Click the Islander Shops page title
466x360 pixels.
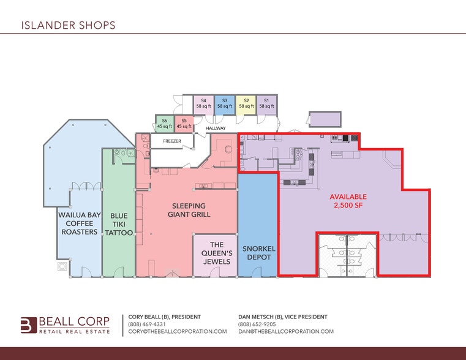pyautogui.click(x=68, y=25)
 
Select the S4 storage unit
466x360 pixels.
pyautogui.click(x=204, y=103)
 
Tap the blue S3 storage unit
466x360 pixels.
pyautogui.click(x=225, y=103)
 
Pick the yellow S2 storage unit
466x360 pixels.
pyautogui.click(x=246, y=103)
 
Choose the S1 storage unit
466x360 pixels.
pyautogui.click(x=266, y=103)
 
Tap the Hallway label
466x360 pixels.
pyautogui.click(x=216, y=128)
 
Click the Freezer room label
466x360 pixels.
pyautogui.click(x=172, y=141)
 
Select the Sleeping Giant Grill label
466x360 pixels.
pyautogui.click(x=189, y=210)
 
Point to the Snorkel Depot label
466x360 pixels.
pyautogui.click(x=258, y=253)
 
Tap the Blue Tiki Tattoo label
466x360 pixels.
pyautogui.click(x=119, y=224)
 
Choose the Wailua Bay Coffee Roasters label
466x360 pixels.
pyautogui.click(x=78, y=223)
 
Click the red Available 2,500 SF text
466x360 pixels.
pyautogui.click(x=347, y=201)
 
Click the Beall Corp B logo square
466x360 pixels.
pyautogui.click(x=28, y=324)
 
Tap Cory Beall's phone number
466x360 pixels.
pyautogui.click(x=146, y=324)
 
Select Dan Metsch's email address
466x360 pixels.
pyautogui.click(x=285, y=331)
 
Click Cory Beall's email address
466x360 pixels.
pyautogui.click(x=177, y=331)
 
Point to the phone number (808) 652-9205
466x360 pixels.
pyautogui.click(x=257, y=324)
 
